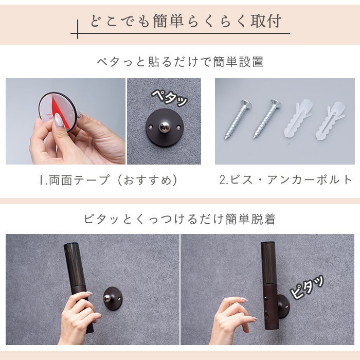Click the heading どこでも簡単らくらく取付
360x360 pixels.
pyautogui.click(x=186, y=22)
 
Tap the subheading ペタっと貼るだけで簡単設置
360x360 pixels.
pyautogui.click(x=180, y=62)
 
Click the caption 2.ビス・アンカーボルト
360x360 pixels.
pyautogui.click(x=286, y=180)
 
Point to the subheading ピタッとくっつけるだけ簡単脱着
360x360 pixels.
pyautogui.click(x=180, y=219)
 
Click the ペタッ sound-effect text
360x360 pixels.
pyautogui.click(x=170, y=98)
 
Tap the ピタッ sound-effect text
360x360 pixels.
pyautogui.click(x=307, y=287)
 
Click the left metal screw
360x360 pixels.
pyautogui.click(x=238, y=120)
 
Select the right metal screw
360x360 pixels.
pyautogui.click(x=267, y=119)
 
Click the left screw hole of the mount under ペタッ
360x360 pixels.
pyautogui.click(x=151, y=127)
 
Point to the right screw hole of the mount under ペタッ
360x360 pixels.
pyautogui.click(x=178, y=127)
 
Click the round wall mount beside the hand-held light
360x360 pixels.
pyautogui.click(x=113, y=298)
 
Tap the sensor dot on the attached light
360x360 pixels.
pyautogui.click(x=266, y=298)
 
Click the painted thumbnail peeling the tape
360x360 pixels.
pyautogui.click(x=58, y=120)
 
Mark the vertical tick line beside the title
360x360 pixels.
pyautogui.click(x=78, y=29)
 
